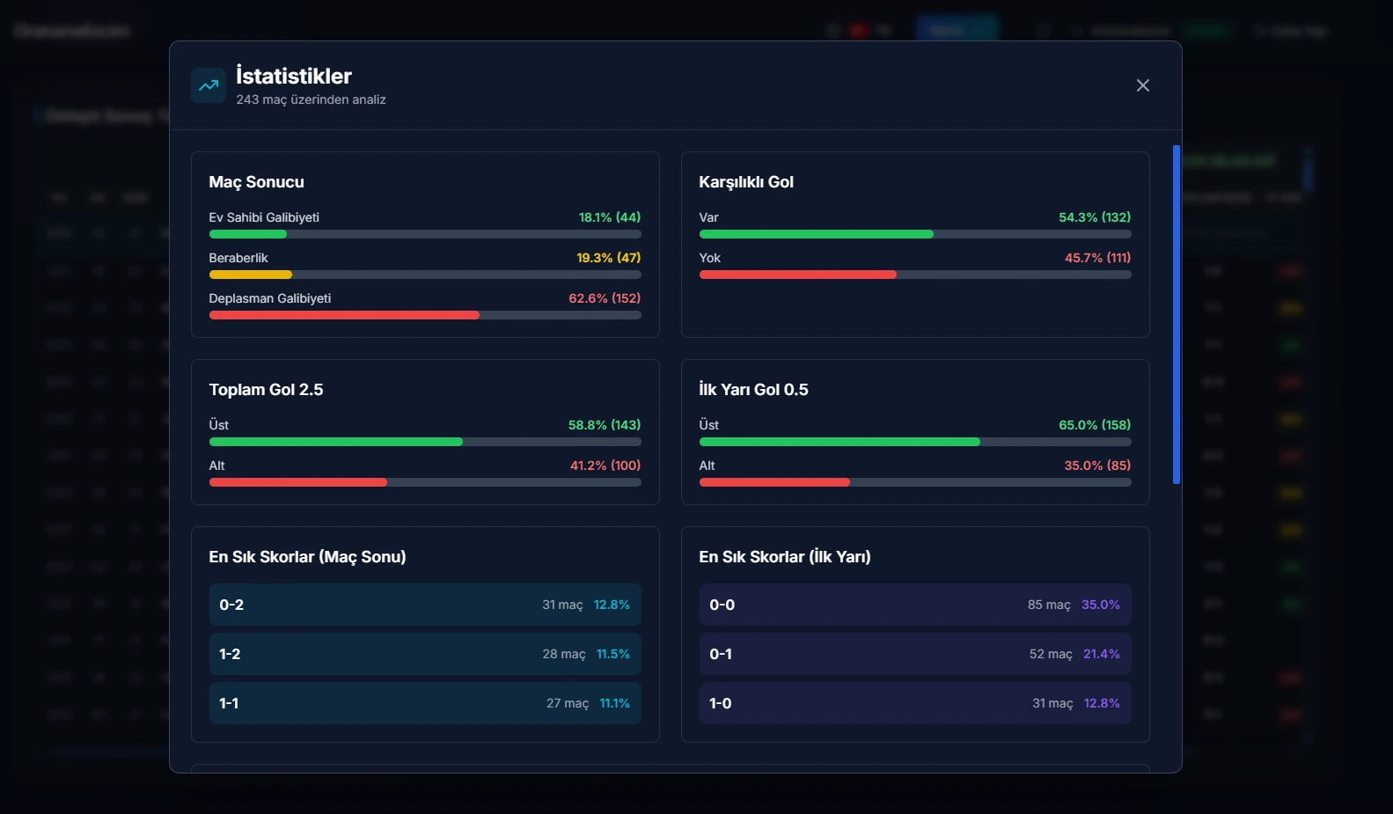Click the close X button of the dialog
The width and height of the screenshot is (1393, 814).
(x=1142, y=85)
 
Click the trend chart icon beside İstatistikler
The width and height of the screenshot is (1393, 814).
(x=209, y=85)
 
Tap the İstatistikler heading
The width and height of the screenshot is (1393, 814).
(x=294, y=76)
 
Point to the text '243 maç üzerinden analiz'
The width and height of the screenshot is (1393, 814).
(x=311, y=99)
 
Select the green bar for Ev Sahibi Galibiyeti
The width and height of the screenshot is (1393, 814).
(x=248, y=234)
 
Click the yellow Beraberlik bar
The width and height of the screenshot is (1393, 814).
(x=251, y=275)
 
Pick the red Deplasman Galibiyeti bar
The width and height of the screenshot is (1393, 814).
(x=344, y=315)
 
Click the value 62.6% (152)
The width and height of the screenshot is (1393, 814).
(x=605, y=298)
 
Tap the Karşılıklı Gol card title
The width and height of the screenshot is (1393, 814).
(x=746, y=182)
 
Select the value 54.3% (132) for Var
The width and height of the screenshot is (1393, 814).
(x=1095, y=217)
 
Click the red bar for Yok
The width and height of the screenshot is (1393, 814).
(x=797, y=275)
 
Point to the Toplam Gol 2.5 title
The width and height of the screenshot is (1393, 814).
(x=266, y=390)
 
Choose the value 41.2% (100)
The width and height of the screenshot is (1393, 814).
(x=605, y=466)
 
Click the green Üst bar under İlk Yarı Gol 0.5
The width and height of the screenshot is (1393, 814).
(x=839, y=442)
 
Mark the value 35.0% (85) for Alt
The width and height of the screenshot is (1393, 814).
(x=1097, y=466)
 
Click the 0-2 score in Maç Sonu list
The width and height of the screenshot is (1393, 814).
(x=231, y=605)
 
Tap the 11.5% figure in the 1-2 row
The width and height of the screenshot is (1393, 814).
(x=613, y=654)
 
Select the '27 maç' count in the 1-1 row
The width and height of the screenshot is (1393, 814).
(x=568, y=703)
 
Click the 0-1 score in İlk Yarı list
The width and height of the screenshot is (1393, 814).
(x=721, y=654)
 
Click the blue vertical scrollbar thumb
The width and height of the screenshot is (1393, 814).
(x=1176, y=314)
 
